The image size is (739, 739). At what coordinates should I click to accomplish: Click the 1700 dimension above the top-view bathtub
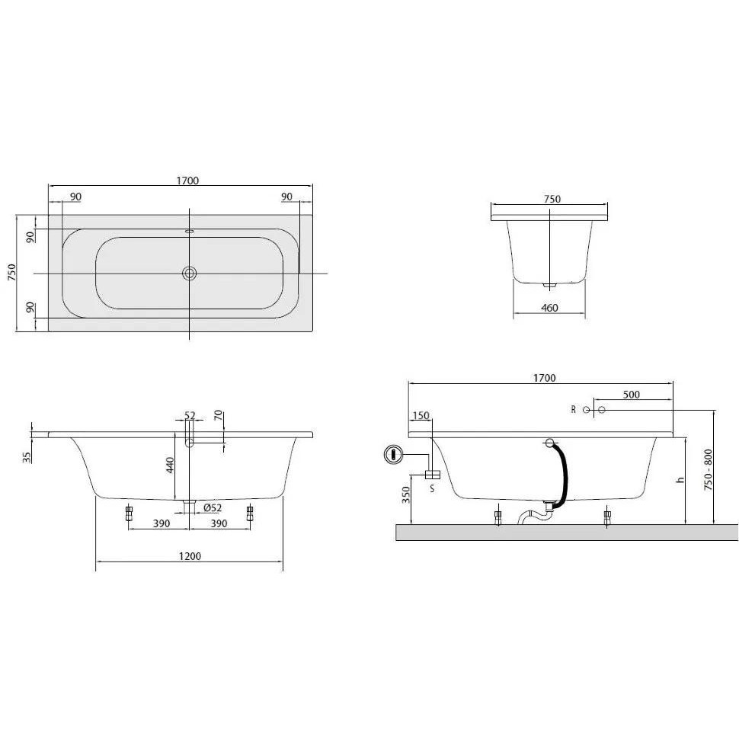click(x=187, y=181)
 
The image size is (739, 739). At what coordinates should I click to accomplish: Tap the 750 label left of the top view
click(x=11, y=273)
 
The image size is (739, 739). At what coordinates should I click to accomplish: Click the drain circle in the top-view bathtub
click(x=190, y=273)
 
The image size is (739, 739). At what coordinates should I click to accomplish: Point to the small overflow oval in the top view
click(x=190, y=232)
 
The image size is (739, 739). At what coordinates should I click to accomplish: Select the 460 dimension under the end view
click(x=549, y=308)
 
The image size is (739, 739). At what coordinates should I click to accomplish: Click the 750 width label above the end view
click(x=552, y=199)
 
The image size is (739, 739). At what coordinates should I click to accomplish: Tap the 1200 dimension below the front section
click(x=190, y=556)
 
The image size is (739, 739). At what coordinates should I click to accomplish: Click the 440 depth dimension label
click(x=170, y=465)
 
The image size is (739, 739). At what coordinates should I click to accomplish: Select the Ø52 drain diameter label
click(x=213, y=507)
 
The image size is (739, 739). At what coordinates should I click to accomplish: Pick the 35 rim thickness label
click(x=27, y=457)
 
